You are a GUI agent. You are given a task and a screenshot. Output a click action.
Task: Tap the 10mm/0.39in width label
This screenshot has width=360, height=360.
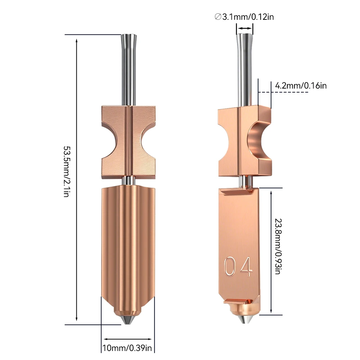pyautogui.click(x=127, y=348)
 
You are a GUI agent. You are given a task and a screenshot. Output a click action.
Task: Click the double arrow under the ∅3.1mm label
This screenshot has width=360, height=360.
pyautogui.click(x=245, y=28)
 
